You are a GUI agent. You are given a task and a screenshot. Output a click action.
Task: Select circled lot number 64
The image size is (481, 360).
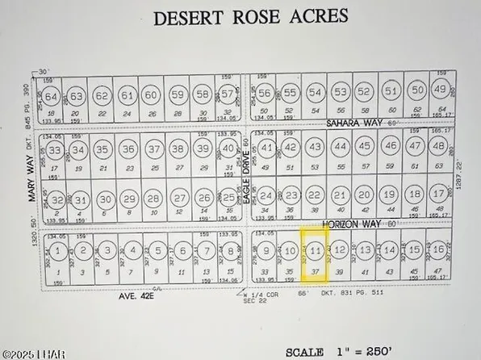point(52,98)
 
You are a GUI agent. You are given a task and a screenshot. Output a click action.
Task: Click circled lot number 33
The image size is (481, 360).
point(55,150)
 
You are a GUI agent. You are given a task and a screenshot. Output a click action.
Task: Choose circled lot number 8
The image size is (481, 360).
point(230,252)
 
